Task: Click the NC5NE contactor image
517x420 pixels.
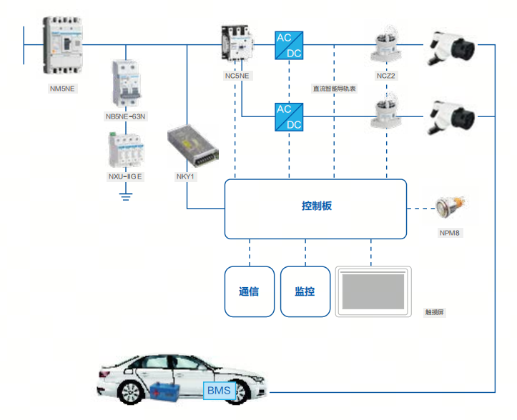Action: pyautogui.click(x=237, y=44)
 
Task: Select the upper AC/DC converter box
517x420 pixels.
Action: pyautogui.click(x=289, y=45)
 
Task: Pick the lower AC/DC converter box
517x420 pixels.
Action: pyautogui.click(x=289, y=116)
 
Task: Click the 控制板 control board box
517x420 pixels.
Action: pyautogui.click(x=315, y=208)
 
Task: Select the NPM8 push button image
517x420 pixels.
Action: pyautogui.click(x=451, y=208)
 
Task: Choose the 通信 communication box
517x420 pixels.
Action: pyautogui.click(x=250, y=291)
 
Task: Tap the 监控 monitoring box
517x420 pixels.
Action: pyautogui.click(x=305, y=291)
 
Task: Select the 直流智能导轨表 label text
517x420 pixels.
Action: pyautogui.click(x=333, y=89)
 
